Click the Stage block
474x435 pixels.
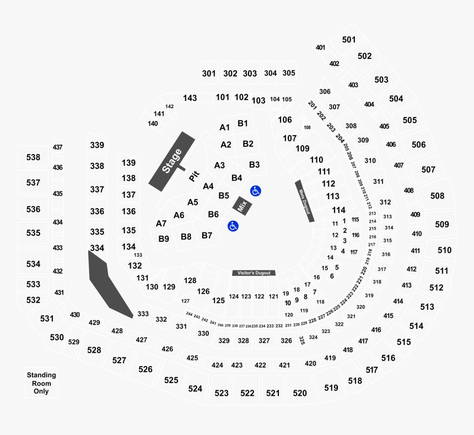171,161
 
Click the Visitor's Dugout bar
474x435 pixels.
254,273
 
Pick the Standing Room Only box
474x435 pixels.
41,383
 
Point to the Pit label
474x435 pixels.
193,176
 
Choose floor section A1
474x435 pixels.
224,128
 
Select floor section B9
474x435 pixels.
164,239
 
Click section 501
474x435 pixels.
349,40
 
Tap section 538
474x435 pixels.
34,157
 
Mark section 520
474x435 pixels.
300,393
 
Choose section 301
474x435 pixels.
209,73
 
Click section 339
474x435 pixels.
97,145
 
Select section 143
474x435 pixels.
190,98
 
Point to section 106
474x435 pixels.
285,120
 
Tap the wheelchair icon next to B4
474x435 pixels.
255,191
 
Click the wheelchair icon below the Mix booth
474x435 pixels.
233,226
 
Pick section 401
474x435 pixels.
320,47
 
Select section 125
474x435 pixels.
219,300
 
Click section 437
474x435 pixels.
58,147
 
